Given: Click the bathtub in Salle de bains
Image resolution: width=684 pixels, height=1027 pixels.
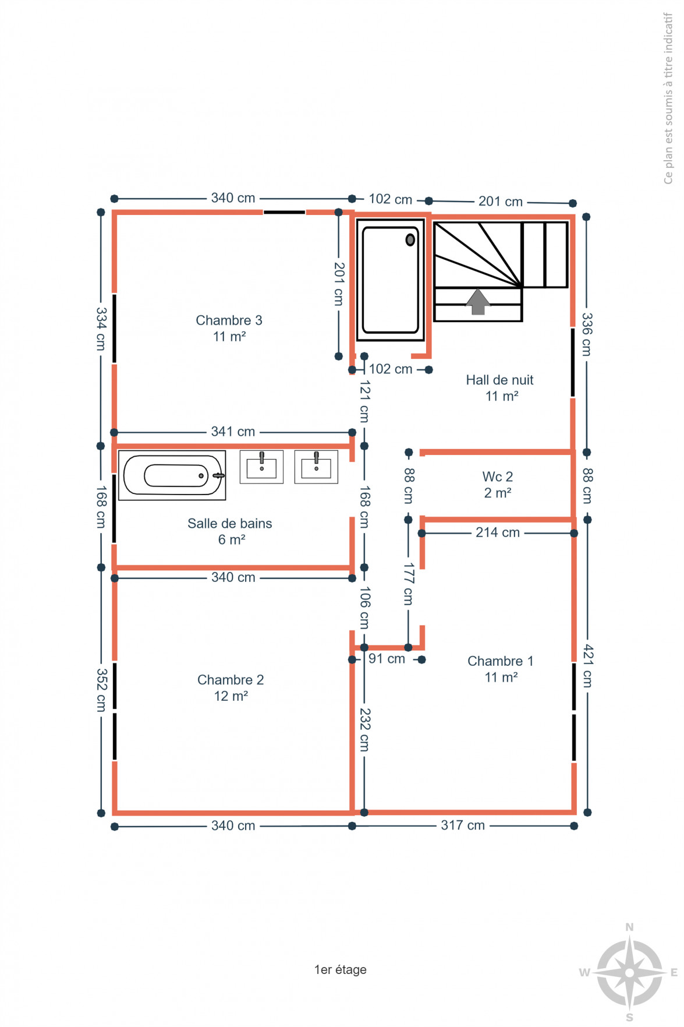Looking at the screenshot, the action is point(172,475).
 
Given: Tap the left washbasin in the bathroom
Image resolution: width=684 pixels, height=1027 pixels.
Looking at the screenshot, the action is point(261,467).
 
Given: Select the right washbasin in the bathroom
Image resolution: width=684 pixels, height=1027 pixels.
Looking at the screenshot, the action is point(316,467).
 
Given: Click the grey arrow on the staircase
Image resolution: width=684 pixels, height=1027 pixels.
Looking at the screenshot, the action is point(478,301).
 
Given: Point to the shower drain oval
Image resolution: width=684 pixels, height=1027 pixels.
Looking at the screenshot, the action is point(410,239).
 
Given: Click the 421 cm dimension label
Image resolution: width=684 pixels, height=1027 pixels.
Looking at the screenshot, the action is point(588,666).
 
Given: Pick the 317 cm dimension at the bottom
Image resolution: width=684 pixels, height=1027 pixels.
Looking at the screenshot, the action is point(463,825).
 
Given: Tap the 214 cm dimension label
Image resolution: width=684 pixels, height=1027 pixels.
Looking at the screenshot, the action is point(498,532).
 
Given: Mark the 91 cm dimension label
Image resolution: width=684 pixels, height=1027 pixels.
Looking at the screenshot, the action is point(387,659).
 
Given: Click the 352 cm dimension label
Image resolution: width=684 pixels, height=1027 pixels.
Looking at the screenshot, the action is point(101,690).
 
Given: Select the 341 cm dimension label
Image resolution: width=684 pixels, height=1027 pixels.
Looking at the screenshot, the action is point(233,432).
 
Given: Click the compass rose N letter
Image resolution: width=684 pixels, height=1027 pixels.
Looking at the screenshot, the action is point(629,927).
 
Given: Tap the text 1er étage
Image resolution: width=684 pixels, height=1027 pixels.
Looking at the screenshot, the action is point(341,969).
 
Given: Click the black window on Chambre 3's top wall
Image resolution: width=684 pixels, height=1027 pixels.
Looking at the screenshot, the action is point(284,213).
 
